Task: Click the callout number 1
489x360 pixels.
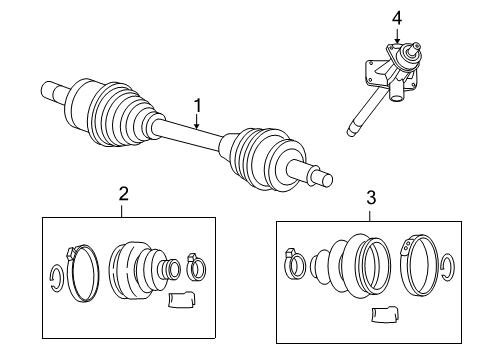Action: coord(197,103)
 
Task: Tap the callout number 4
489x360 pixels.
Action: coord(396,17)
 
